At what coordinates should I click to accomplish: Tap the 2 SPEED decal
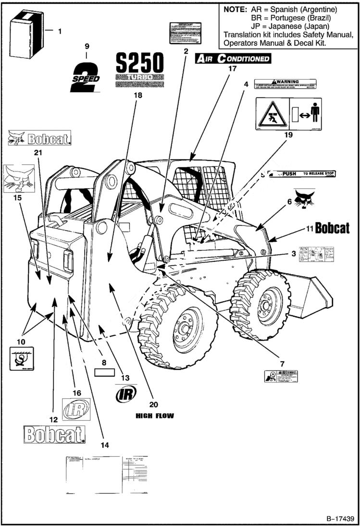tap(85, 75)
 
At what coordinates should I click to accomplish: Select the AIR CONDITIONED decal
tap(232, 59)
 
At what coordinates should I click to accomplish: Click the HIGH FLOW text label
tap(154, 416)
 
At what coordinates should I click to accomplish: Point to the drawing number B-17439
tap(340, 519)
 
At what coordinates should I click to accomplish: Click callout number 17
tap(233, 69)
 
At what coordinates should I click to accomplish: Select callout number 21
tap(38, 152)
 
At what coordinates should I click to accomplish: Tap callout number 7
tap(282, 358)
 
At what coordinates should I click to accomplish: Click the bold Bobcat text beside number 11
tap(332, 227)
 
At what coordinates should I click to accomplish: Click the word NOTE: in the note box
tap(236, 10)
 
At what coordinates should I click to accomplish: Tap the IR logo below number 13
tap(125, 395)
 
